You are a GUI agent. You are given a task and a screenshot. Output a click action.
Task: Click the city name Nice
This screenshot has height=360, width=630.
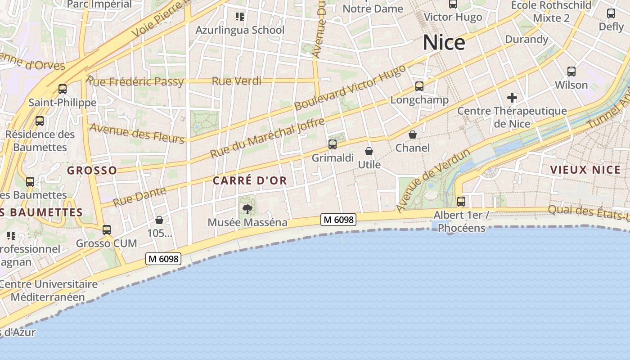point(444,43)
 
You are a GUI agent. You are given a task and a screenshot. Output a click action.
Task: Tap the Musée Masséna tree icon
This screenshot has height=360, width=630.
point(247,208)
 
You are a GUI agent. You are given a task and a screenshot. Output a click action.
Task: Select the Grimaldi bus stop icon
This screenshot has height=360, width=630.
point(333,144)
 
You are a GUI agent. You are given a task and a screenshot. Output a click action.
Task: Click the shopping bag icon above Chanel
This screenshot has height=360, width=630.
point(412,134)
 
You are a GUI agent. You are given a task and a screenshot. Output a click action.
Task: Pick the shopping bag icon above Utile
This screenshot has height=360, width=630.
point(369,151)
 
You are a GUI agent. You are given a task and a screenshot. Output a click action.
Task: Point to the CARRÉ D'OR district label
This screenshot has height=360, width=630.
point(250,181)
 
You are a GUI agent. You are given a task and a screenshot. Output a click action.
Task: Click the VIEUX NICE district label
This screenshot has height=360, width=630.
point(585,170)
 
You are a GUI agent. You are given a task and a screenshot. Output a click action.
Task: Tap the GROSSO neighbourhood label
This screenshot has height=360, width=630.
point(92,171)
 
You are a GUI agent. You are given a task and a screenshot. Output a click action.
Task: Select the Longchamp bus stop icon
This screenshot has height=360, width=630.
point(419,86)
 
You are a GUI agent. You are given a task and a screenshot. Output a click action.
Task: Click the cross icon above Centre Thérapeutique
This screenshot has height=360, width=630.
point(512,97)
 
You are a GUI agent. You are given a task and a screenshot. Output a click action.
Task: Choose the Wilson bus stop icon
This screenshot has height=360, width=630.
point(571,71)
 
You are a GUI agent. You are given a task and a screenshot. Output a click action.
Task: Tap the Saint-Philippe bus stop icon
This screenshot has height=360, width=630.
point(63,89)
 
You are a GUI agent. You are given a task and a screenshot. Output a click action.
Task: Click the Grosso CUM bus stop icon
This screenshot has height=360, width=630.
point(107,229)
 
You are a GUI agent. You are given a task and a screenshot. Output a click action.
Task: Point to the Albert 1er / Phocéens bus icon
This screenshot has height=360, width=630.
point(461,201)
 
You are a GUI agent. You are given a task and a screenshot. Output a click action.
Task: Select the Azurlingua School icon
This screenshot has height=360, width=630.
point(240,17)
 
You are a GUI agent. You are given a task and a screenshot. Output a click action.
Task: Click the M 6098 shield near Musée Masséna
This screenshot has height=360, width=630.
point(338,220)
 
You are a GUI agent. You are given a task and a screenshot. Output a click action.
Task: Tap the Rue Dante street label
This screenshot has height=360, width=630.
point(139,197)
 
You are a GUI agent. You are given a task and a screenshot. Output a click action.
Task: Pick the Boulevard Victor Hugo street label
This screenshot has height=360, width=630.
point(350,87)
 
